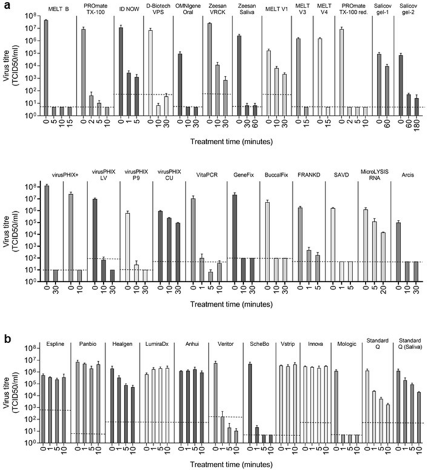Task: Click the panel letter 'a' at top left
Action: [4, 5]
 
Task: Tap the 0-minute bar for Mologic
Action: [337, 406]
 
